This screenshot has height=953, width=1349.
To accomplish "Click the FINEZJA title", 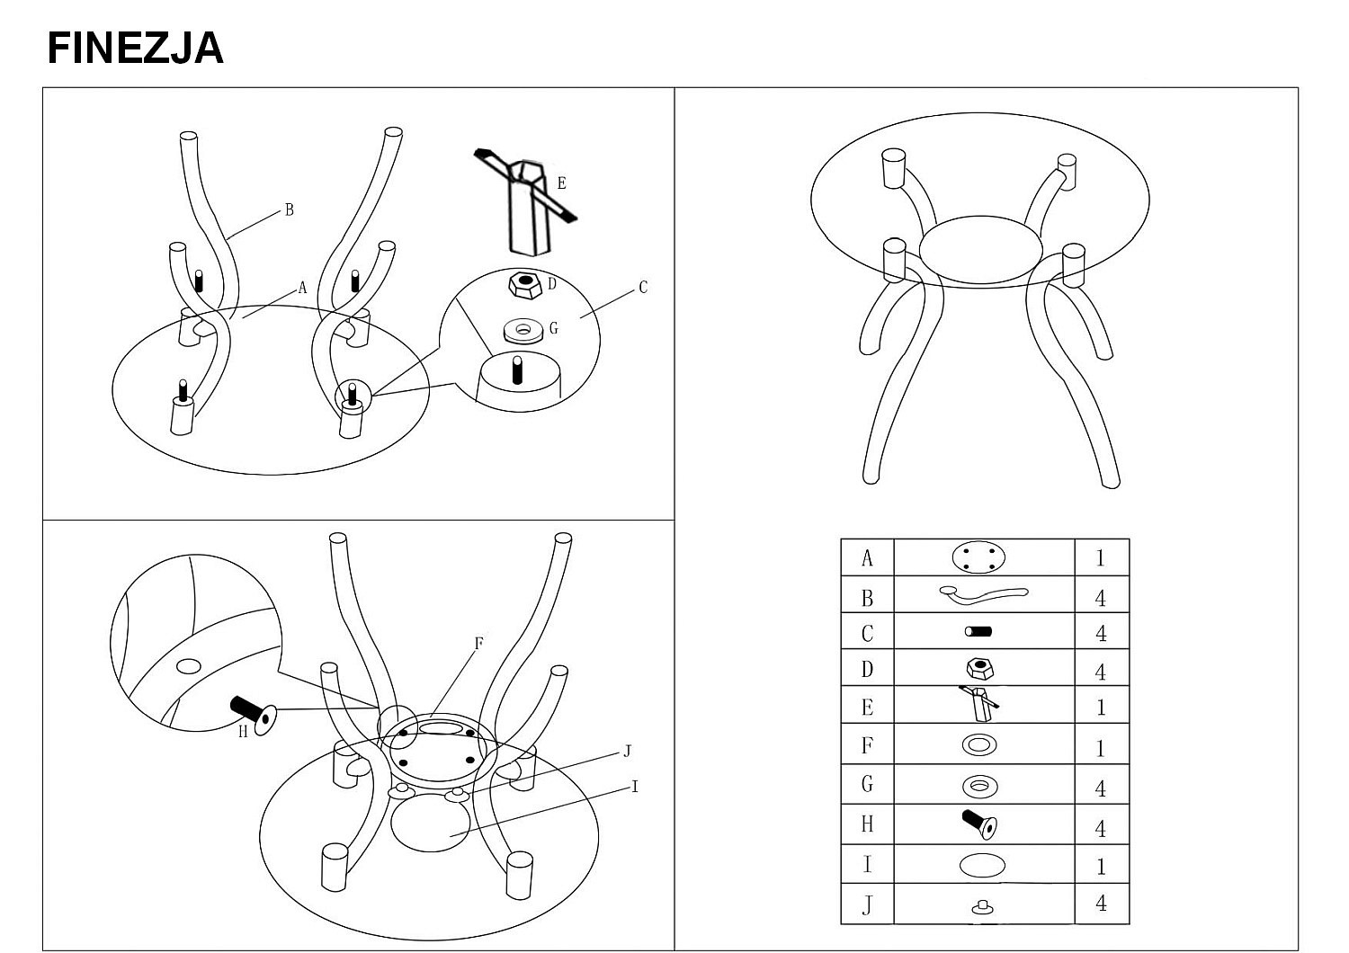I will pyautogui.click(x=135, y=48).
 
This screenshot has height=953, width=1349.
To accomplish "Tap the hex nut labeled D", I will pyautogui.click(x=524, y=285).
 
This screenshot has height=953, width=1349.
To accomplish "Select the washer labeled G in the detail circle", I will pyautogui.click(x=523, y=331).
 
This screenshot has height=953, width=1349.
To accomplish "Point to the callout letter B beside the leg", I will pyautogui.click(x=289, y=210).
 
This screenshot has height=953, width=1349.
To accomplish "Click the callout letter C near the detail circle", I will pyautogui.click(x=643, y=288).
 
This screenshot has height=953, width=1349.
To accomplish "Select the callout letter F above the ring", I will pyautogui.click(x=478, y=644).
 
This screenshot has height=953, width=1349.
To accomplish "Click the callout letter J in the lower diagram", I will pyautogui.click(x=627, y=752).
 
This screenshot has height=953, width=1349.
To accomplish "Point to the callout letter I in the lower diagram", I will pyautogui.click(x=635, y=788).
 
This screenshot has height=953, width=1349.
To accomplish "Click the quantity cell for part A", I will pyautogui.click(x=1101, y=558).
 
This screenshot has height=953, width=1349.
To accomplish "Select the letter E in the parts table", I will pyautogui.click(x=867, y=708).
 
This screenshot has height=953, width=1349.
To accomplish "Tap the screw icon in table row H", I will pyautogui.click(x=978, y=822).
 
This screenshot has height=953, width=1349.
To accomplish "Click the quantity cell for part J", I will pyautogui.click(x=1101, y=904).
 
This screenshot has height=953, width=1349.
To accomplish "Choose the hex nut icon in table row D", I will pyautogui.click(x=978, y=669).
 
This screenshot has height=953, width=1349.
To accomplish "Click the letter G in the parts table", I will pyautogui.click(x=867, y=784).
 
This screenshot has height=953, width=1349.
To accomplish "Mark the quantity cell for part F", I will pyautogui.click(x=1101, y=747).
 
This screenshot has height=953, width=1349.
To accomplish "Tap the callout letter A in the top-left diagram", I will pyautogui.click(x=302, y=289).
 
